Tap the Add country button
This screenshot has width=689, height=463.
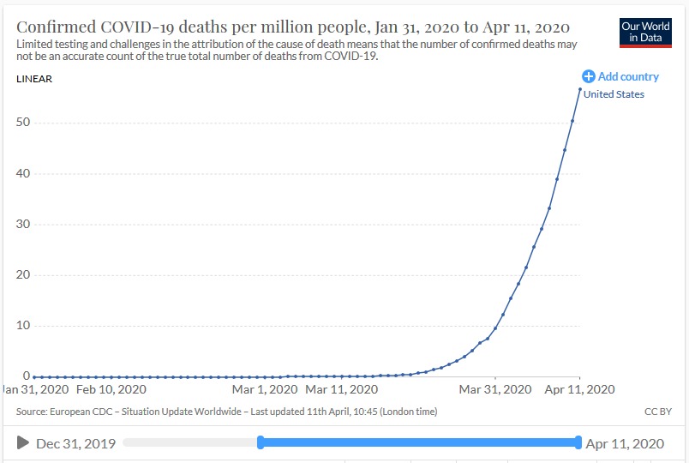(x=621, y=76)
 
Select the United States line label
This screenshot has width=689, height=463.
(x=614, y=94)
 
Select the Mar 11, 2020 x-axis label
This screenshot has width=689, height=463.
(x=341, y=389)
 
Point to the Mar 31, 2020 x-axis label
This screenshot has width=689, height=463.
(x=494, y=389)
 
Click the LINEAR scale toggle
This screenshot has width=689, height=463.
(x=34, y=79)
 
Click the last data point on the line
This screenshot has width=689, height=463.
(x=580, y=89)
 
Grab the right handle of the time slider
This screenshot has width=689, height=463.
(x=579, y=442)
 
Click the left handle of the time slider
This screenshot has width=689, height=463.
(x=261, y=442)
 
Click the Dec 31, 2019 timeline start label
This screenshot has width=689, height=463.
(x=75, y=443)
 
